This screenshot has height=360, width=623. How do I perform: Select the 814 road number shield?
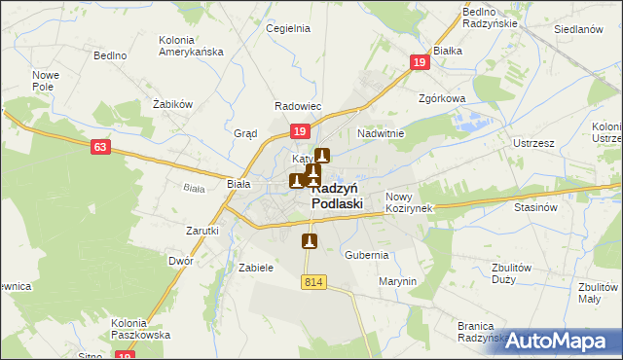pyautogui.click(x=312, y=282)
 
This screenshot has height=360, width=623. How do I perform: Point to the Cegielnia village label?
pyautogui.click(x=288, y=28)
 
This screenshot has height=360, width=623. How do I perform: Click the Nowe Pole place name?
pyautogui.click(x=47, y=81)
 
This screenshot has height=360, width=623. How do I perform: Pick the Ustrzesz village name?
pyautogui.click(x=533, y=143)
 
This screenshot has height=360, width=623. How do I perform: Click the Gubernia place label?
pyautogui.click(x=367, y=255)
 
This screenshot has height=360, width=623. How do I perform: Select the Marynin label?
pyautogui.click(x=398, y=281)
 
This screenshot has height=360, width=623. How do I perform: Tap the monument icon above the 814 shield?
pyautogui.click(x=311, y=240)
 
